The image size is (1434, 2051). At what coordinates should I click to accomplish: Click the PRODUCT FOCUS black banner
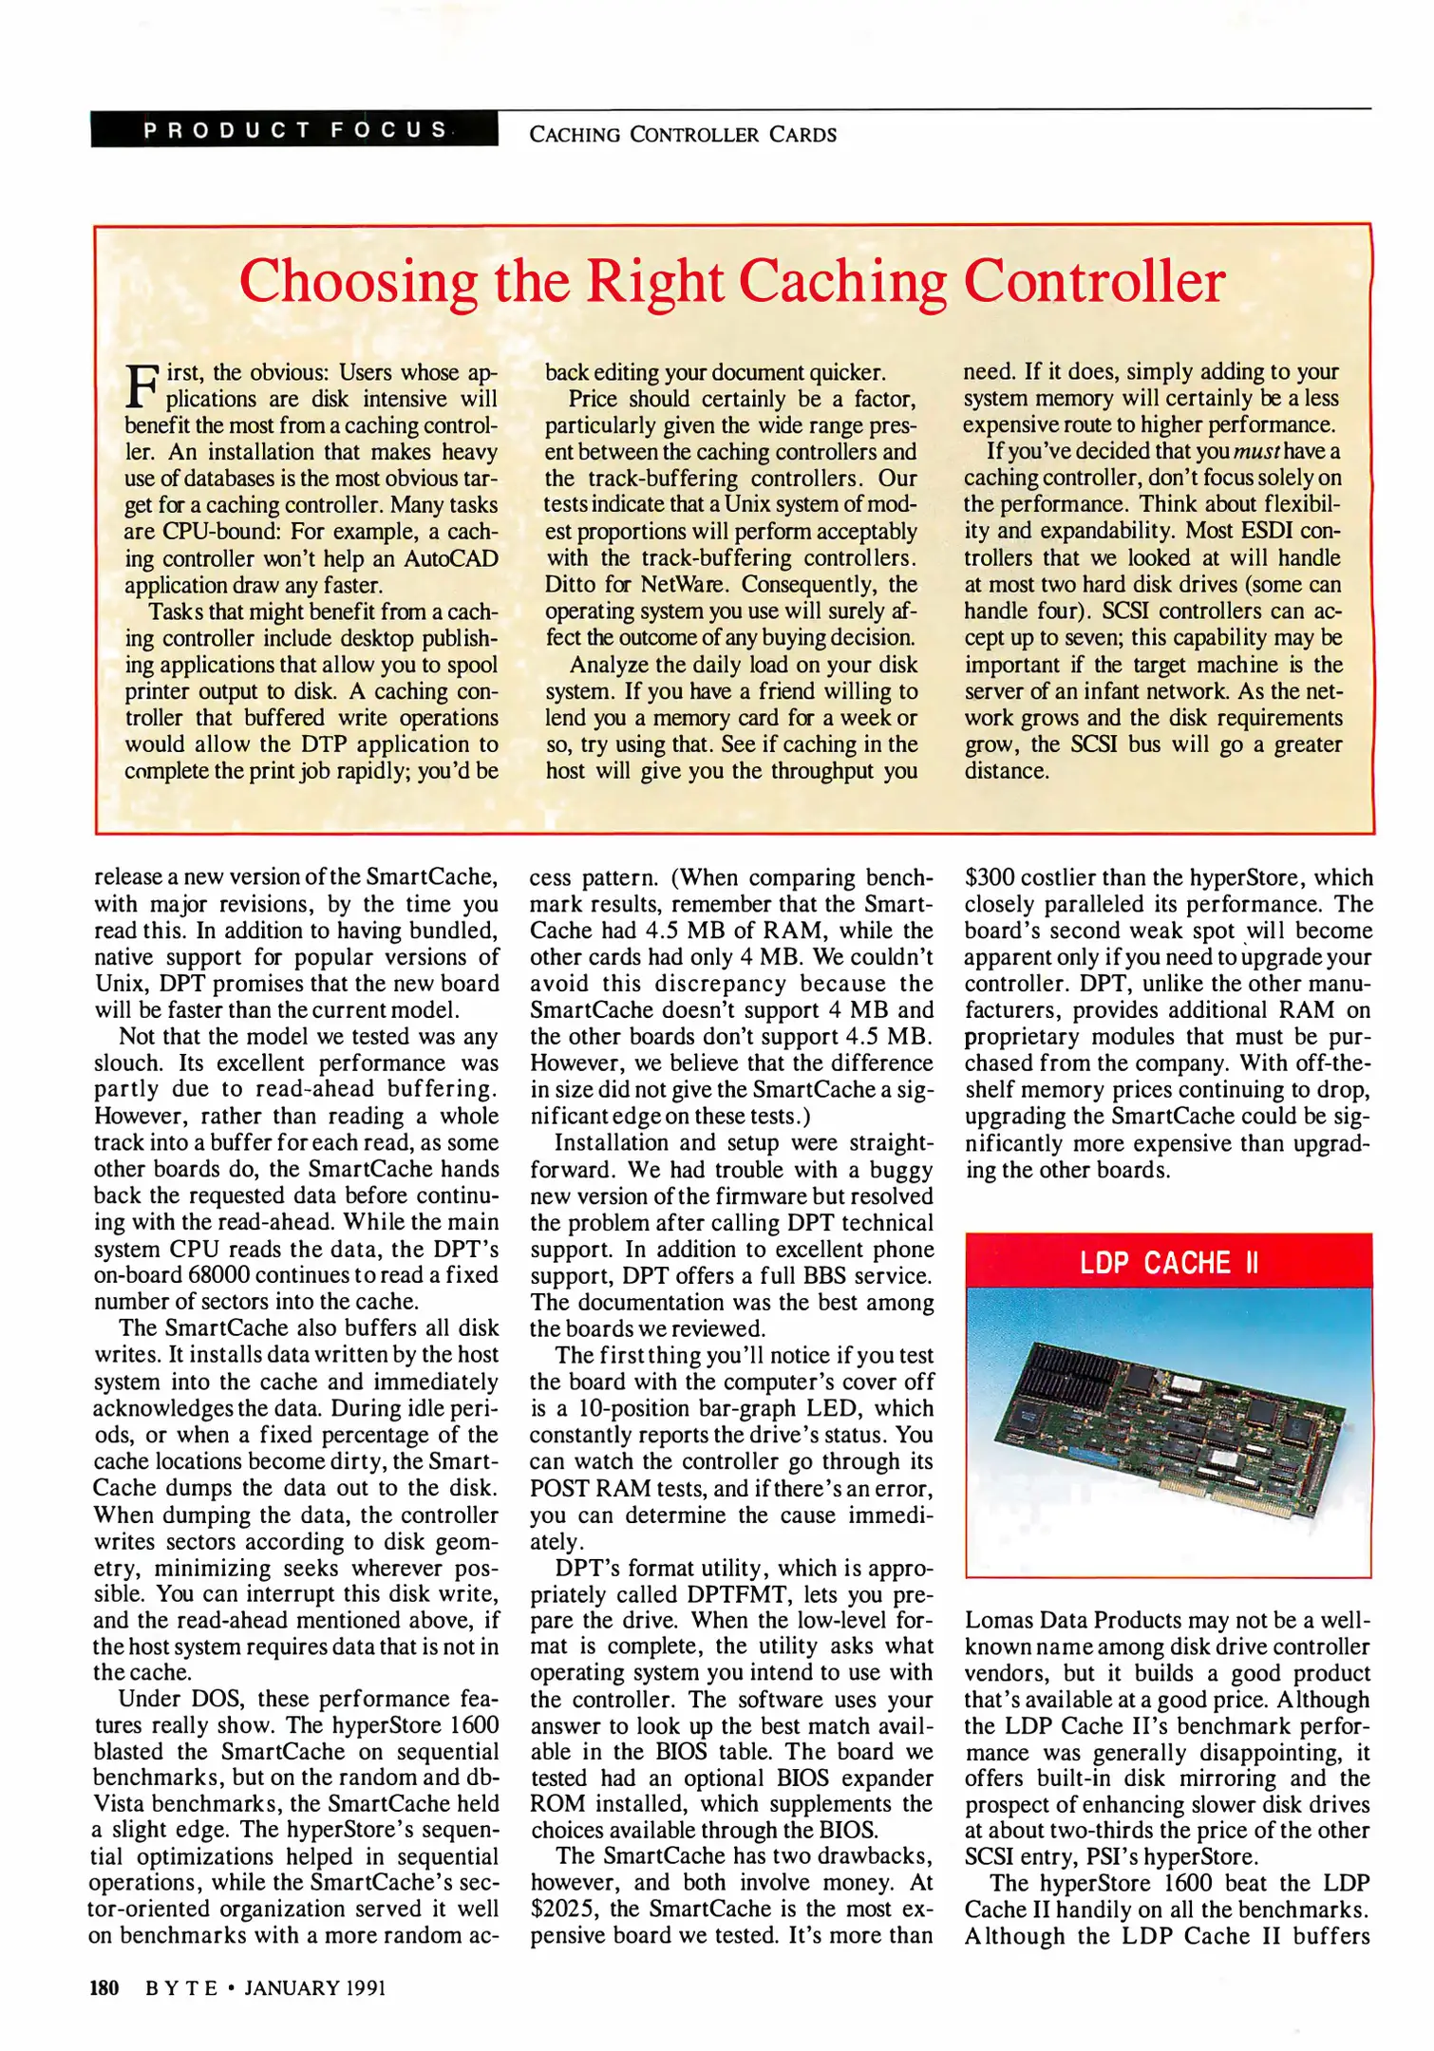pyautogui.click(x=294, y=130)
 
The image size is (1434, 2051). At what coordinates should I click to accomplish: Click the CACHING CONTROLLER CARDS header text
pyautogui.click(x=682, y=135)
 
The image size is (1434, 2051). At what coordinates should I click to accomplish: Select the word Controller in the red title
pyautogui.click(x=1094, y=282)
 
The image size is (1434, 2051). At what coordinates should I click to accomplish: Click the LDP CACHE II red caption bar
pyautogui.click(x=1167, y=1263)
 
